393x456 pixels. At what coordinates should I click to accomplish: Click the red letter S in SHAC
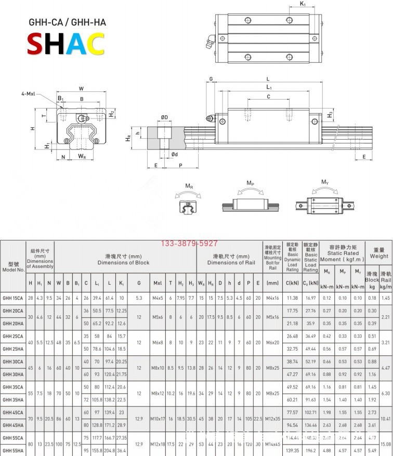pyautogui.click(x=35, y=44)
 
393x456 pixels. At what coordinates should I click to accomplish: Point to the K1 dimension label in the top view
pyautogui.click(x=303, y=4)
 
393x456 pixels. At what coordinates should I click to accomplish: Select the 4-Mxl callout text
pyautogui.click(x=28, y=93)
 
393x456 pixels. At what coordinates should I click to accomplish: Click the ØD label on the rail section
pyautogui.click(x=164, y=117)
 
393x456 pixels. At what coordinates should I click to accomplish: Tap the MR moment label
pyautogui.click(x=190, y=185)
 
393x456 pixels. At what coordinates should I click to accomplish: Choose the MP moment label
pyautogui.click(x=250, y=183)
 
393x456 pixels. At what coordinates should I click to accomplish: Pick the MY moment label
pyautogui.click(x=325, y=182)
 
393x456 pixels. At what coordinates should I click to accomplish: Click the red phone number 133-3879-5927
pyautogui.click(x=190, y=243)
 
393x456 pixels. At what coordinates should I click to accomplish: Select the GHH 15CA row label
pyautogui.click(x=13, y=298)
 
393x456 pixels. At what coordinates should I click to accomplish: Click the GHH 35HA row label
pyautogui.click(x=13, y=399)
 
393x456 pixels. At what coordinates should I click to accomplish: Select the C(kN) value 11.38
pyautogui.click(x=292, y=298)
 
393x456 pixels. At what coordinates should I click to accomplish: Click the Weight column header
pyautogui.click(x=378, y=253)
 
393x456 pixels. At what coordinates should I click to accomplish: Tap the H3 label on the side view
pyautogui.click(x=330, y=115)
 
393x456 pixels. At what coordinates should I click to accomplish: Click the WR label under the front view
pyautogui.click(x=82, y=156)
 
